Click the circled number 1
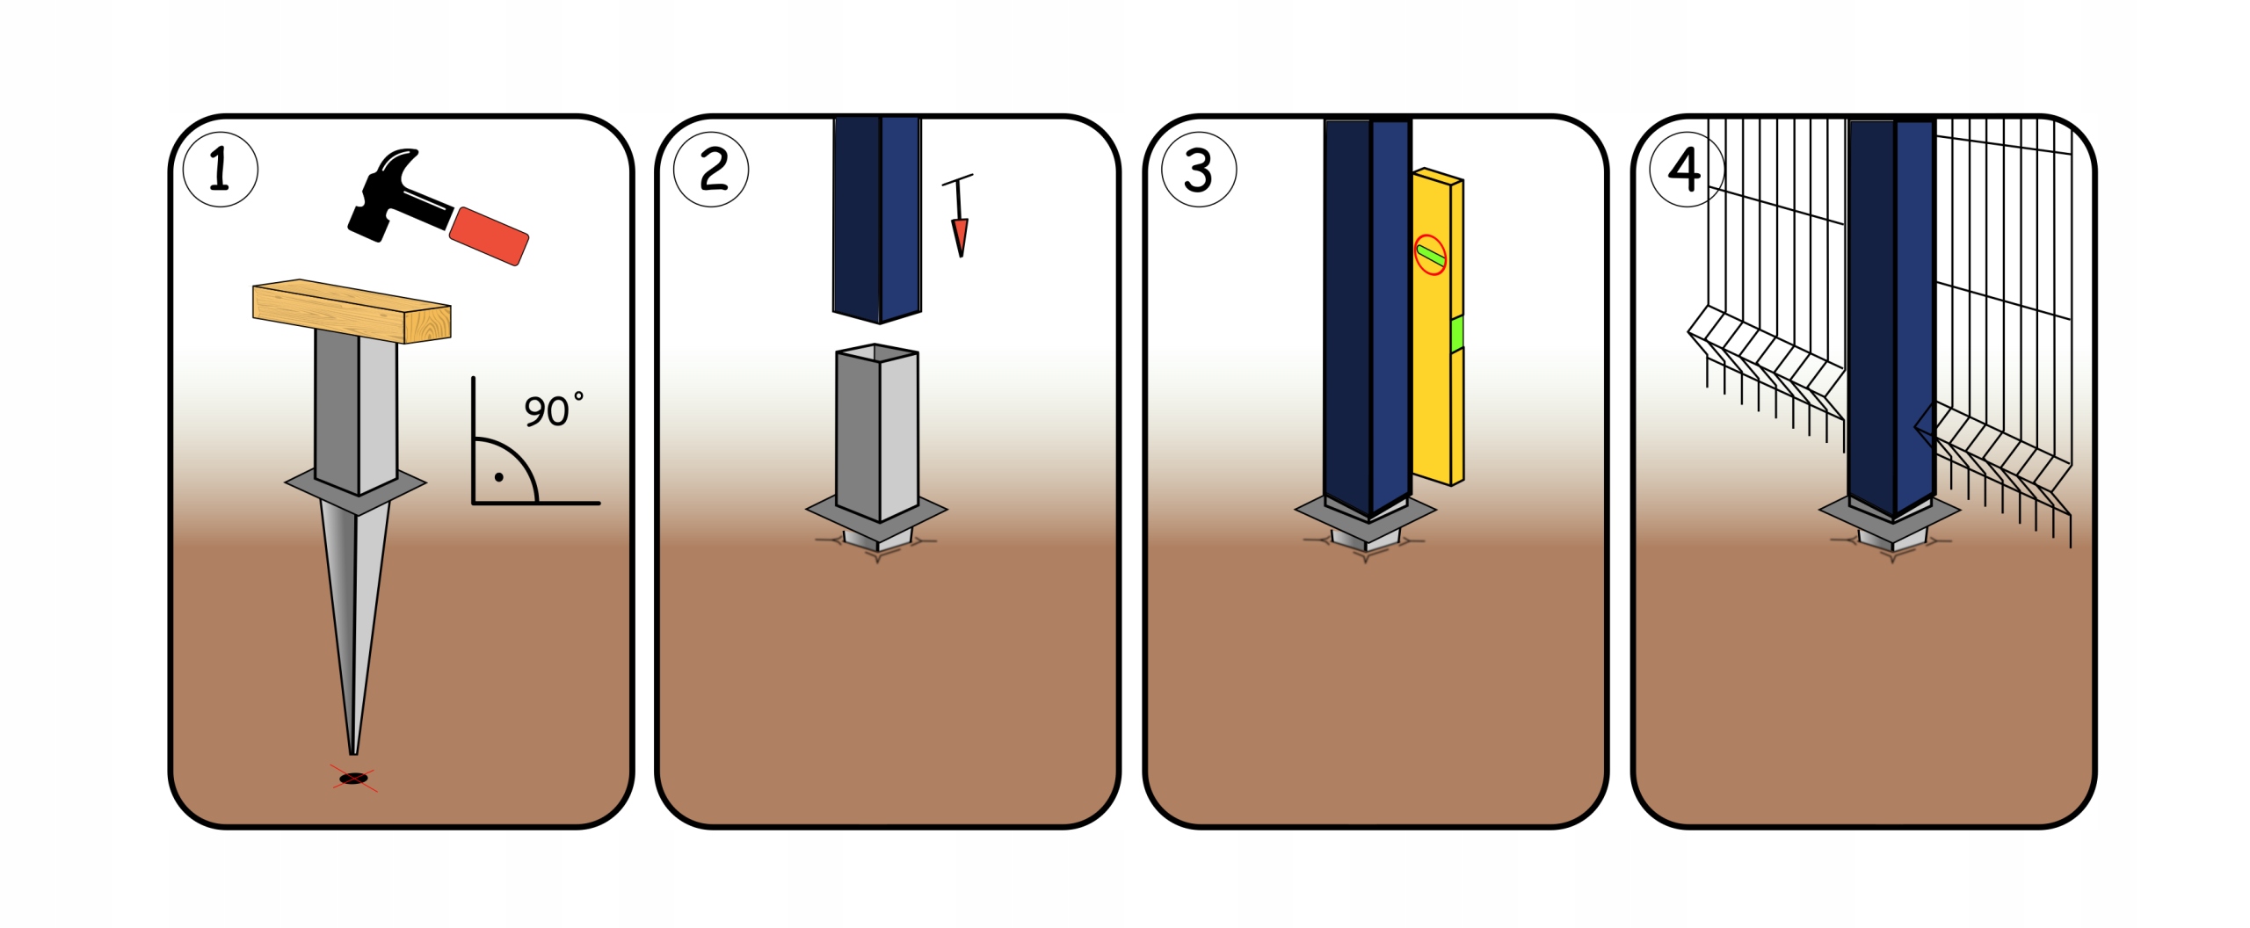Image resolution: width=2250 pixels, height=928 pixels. click(x=220, y=170)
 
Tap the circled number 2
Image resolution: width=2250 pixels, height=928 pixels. click(x=711, y=170)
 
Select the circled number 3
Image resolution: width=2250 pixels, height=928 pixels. click(x=1199, y=170)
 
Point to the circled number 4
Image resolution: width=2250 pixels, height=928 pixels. click(x=1686, y=170)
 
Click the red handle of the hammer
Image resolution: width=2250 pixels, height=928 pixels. click(x=489, y=235)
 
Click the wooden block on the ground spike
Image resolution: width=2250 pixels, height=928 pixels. click(x=352, y=311)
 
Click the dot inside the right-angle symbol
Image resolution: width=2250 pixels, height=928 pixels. click(x=499, y=477)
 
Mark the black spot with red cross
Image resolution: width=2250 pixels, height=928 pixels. click(x=353, y=779)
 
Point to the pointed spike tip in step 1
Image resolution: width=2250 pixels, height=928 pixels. click(x=353, y=747)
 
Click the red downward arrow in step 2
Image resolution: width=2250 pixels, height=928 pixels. click(x=960, y=236)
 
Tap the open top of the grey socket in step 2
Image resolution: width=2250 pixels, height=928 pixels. click(x=877, y=353)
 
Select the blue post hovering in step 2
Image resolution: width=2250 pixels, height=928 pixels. click(x=876, y=220)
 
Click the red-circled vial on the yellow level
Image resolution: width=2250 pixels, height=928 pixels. click(x=1430, y=255)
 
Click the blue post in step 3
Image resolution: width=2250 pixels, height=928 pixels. click(x=1367, y=316)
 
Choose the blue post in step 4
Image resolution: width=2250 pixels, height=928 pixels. click(x=1891, y=316)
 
